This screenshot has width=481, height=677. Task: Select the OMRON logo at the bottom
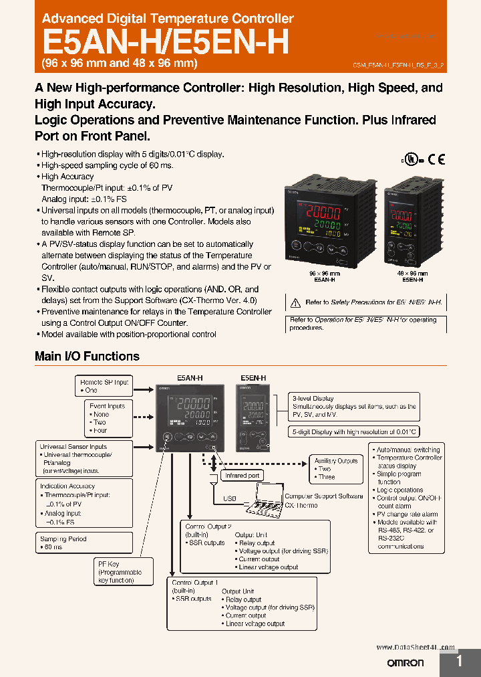tap(406, 662)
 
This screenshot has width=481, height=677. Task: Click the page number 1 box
tap(460, 662)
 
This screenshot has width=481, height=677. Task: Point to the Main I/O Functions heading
tap(87, 357)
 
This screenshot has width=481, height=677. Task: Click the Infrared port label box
tap(242, 476)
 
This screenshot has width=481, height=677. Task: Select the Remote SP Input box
tap(104, 385)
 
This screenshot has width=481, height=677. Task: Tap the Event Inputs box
tap(108, 418)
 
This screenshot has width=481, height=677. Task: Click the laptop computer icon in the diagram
tap(261, 498)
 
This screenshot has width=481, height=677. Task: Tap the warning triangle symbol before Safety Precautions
tap(296, 302)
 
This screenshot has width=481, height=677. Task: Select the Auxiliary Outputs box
tap(336, 469)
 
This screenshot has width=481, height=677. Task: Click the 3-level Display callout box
tap(354, 406)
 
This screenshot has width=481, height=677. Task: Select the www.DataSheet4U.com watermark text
tap(416, 648)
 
